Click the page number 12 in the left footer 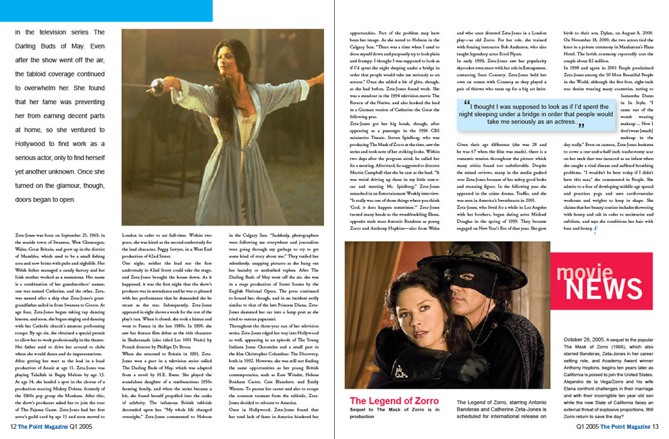(x=12, y=426)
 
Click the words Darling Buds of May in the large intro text (x=60, y=47)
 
